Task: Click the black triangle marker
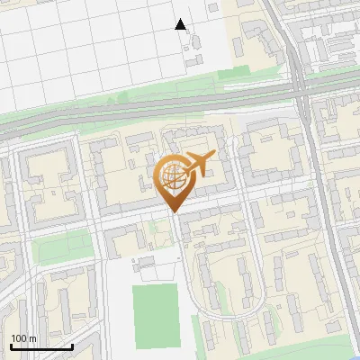[181, 24]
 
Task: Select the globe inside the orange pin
[173, 175]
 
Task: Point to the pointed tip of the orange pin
[174, 212]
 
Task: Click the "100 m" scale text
[23, 338]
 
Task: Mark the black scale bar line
[41, 346]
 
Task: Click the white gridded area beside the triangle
[90, 45]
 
